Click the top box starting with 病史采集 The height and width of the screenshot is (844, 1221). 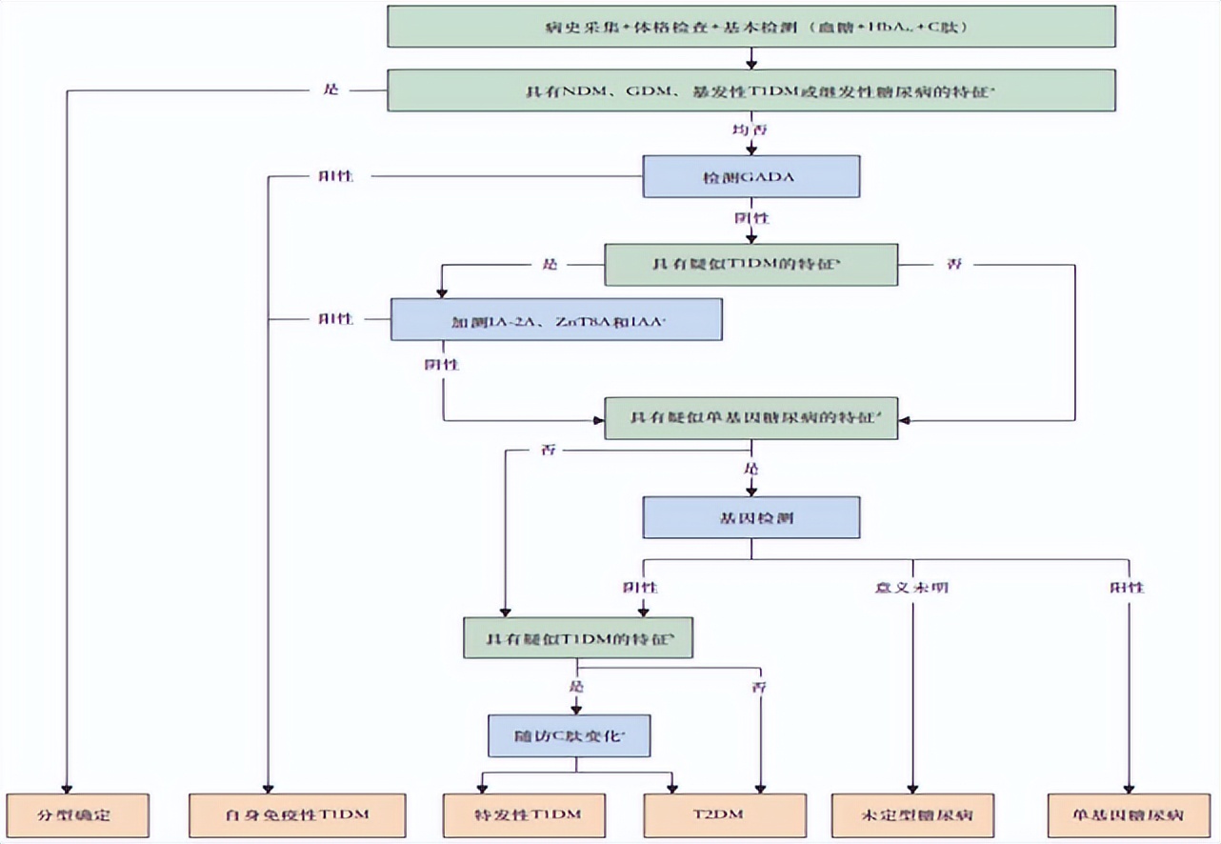tap(751, 26)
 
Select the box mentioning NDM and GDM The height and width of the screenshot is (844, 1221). tap(751, 90)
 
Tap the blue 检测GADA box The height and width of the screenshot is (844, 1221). tap(751, 176)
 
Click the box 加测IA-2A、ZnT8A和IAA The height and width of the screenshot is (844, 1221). tap(556, 319)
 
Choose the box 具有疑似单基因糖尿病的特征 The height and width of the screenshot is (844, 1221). tap(751, 418)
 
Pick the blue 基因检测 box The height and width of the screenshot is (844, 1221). tap(751, 517)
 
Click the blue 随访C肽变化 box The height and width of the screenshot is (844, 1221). tap(570, 736)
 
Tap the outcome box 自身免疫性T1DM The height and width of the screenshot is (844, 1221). tap(297, 815)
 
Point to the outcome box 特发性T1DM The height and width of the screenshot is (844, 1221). tap(527, 815)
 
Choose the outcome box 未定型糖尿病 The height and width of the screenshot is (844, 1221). tap(912, 815)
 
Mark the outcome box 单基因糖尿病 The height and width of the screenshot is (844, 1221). tap(1127, 815)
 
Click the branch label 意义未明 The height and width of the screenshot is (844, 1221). tap(911, 587)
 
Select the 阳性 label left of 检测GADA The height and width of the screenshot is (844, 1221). tap(335, 176)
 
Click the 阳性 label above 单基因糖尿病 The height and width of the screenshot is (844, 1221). tap(1127, 587)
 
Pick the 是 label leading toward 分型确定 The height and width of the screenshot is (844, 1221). tap(331, 90)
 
